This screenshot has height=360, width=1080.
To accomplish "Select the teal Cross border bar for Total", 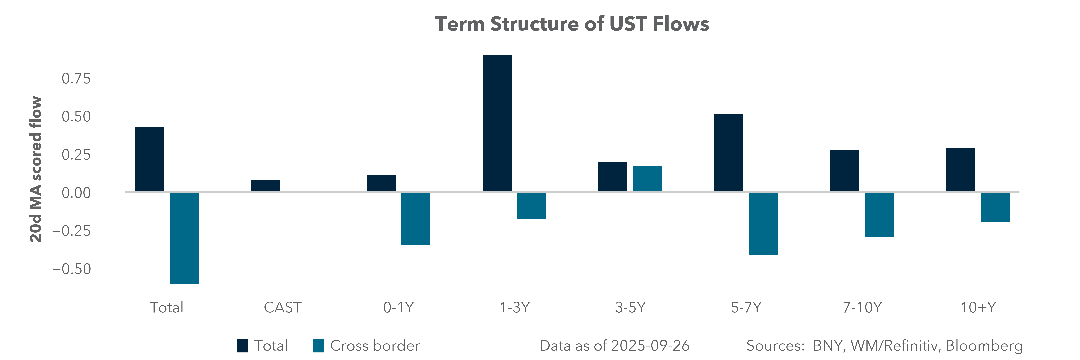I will pos(184,238).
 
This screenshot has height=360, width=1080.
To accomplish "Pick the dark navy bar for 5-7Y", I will pos(729,153).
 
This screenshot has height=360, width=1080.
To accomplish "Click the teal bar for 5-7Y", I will pos(763,224).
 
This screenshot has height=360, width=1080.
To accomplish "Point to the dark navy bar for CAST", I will pos(265,186).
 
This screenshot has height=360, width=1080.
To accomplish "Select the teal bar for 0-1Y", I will pos(415,219).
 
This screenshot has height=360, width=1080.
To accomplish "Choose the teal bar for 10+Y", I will pos(995,207).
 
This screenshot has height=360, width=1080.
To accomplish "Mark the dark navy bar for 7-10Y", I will pos(844,171).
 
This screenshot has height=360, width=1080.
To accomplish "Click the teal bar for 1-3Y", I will pos(532,206).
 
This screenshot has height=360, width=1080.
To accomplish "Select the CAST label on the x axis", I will pos(282,308).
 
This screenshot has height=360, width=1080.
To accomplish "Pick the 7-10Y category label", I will pos(862,308).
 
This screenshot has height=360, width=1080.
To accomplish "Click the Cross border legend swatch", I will pos(319,346).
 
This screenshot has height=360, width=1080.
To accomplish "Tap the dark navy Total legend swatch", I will pos(242,346).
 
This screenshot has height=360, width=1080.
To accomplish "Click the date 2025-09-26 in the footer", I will pos(650,346).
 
